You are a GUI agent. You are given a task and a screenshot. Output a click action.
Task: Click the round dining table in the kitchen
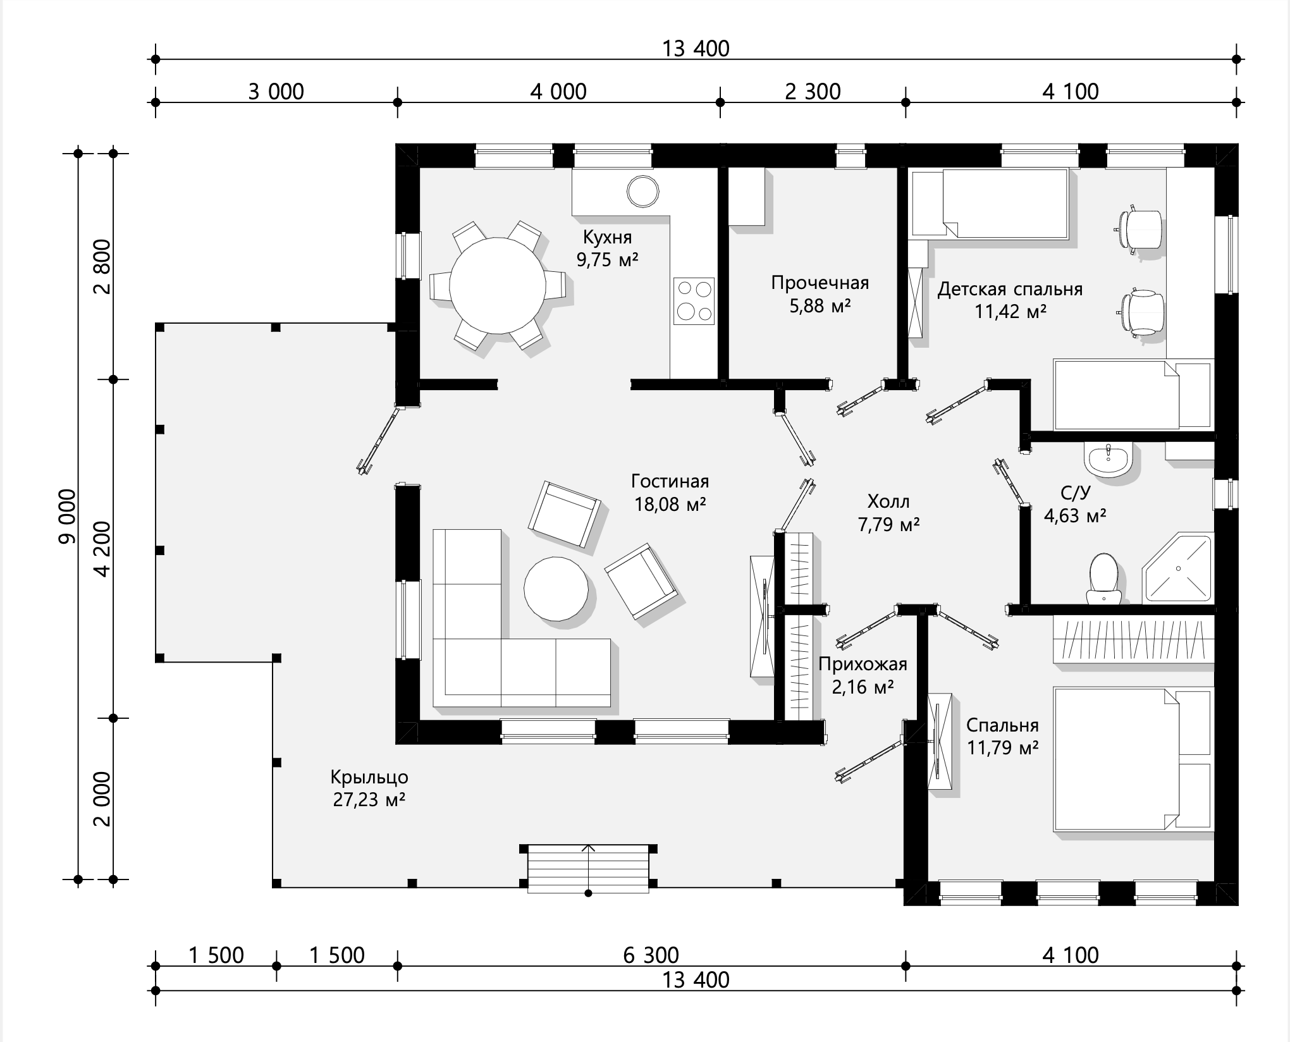[x=498, y=285]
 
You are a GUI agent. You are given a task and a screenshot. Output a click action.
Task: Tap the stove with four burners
[x=694, y=300]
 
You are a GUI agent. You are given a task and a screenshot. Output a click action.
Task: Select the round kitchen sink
[x=642, y=191]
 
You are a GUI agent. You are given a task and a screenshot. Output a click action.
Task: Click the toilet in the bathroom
[x=1104, y=578]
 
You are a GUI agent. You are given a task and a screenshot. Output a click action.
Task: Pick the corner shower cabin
[x=1178, y=568]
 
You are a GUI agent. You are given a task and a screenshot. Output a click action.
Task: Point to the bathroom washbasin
[x=1108, y=458]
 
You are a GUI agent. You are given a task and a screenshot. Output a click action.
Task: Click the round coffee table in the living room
[x=556, y=589]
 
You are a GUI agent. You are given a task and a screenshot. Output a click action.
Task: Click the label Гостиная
[x=670, y=481]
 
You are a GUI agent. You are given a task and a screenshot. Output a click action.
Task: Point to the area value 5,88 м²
[x=820, y=305]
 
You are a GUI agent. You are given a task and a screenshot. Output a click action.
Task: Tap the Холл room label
[x=888, y=501]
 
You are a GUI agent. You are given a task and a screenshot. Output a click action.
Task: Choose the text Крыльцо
[x=369, y=777]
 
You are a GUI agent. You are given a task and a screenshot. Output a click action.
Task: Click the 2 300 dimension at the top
[x=813, y=92]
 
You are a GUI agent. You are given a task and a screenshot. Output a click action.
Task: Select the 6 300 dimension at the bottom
[x=651, y=955]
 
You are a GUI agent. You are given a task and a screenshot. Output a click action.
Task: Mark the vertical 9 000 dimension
[x=66, y=516]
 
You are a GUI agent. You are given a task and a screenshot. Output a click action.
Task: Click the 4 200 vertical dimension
[x=101, y=549]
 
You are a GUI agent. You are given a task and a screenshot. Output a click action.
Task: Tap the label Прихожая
[x=863, y=664]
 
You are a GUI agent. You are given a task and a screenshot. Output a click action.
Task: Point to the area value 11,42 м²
[x=1010, y=311]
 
